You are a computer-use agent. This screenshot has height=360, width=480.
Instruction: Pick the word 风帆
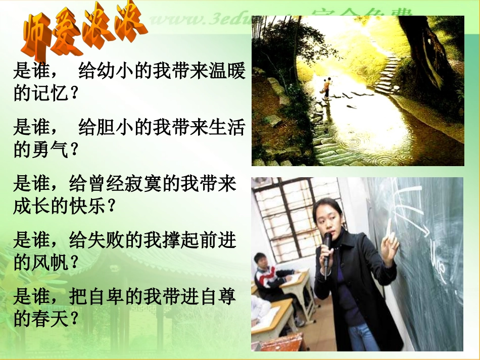49,262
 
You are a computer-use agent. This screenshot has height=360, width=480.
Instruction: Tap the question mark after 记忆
74,94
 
